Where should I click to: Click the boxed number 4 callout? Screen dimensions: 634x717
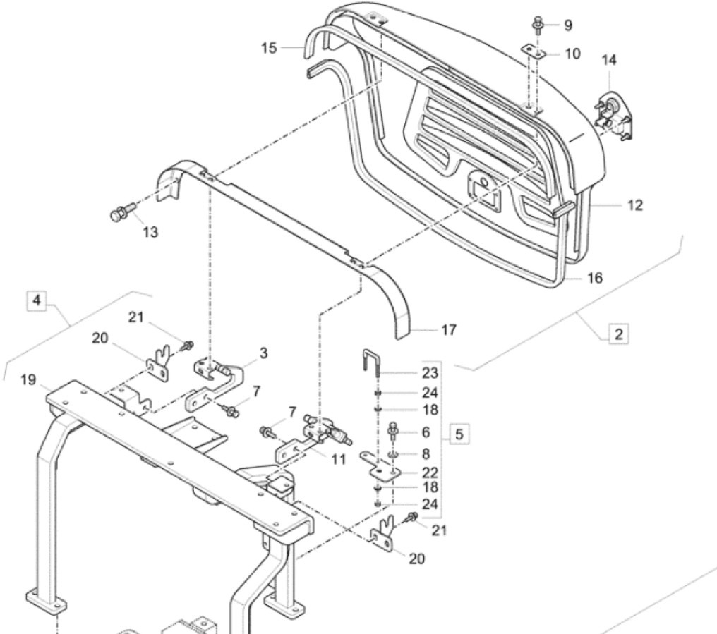click(37, 300)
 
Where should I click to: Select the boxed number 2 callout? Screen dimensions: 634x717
click(617, 334)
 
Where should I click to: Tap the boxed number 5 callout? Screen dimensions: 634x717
click(459, 434)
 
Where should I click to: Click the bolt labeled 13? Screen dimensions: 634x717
click(119, 214)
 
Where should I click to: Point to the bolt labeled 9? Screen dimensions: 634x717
click(536, 25)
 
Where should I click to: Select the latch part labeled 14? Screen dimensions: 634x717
click(613, 115)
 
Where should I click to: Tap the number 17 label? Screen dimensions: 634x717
click(448, 329)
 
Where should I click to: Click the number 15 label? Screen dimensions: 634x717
click(269, 47)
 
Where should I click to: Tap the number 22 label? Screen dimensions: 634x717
click(430, 472)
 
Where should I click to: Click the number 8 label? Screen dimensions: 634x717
click(430, 453)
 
